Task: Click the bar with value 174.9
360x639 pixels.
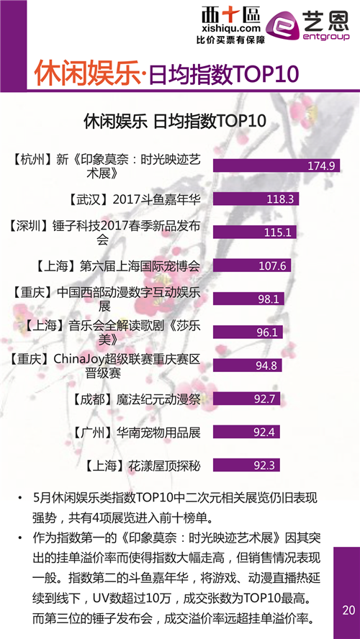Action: click(x=276, y=166)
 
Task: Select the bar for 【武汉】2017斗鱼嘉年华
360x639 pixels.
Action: click(x=256, y=199)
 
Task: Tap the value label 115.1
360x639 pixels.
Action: click(x=279, y=232)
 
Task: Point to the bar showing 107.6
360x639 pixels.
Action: click(x=252, y=266)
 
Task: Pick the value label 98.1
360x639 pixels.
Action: click(x=269, y=299)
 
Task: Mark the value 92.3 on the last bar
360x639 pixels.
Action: click(x=264, y=466)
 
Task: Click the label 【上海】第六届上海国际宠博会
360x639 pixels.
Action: click(x=118, y=266)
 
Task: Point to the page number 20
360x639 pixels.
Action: click(x=348, y=610)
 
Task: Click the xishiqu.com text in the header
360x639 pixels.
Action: click(x=230, y=29)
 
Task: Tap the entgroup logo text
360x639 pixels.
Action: click(x=326, y=37)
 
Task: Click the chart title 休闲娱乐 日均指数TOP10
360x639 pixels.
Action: click(x=174, y=121)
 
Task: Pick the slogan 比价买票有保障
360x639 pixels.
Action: click(x=230, y=40)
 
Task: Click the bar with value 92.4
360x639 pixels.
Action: click(x=246, y=432)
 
